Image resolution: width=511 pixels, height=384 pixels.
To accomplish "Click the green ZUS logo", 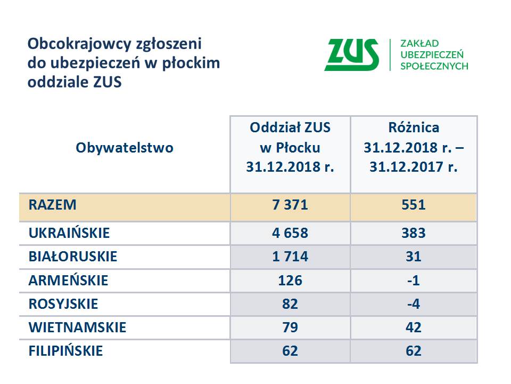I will pyautogui.click(x=352, y=54).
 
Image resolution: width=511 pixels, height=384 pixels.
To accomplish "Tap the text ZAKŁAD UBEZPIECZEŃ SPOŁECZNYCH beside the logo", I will pyautogui.click(x=434, y=54).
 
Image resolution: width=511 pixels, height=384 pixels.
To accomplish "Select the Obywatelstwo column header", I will pyautogui.click(x=125, y=148).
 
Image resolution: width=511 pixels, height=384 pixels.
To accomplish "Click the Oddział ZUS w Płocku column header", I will pyautogui.click(x=290, y=147).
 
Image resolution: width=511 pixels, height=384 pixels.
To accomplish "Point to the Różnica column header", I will pyautogui.click(x=414, y=147).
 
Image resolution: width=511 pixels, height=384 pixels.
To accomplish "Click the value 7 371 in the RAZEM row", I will pyautogui.click(x=290, y=205).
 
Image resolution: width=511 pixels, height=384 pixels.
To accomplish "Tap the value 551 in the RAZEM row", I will pyautogui.click(x=414, y=205).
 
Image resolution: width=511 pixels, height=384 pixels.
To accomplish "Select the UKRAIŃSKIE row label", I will pyautogui.click(x=69, y=233).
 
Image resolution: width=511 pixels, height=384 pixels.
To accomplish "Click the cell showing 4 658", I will pyautogui.click(x=290, y=233).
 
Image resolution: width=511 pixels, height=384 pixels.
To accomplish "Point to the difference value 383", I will pyautogui.click(x=414, y=233).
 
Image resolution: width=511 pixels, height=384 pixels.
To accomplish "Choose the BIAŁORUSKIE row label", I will pyautogui.click(x=73, y=257).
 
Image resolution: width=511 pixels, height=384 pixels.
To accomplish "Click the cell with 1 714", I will pyautogui.click(x=290, y=257).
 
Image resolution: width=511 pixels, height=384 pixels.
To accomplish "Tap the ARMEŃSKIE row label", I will pyautogui.click(x=69, y=281).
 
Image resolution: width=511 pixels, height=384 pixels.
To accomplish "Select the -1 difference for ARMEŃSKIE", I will pyautogui.click(x=414, y=281).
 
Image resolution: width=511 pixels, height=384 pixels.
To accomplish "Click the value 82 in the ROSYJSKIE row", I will pyautogui.click(x=290, y=304).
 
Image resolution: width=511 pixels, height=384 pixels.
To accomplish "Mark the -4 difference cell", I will pyautogui.click(x=414, y=304).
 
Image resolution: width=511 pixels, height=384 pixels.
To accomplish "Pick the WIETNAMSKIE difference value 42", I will pyautogui.click(x=414, y=327).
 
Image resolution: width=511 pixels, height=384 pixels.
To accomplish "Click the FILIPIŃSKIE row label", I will pyautogui.click(x=66, y=351).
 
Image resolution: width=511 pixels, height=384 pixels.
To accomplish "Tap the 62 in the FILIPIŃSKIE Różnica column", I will pyautogui.click(x=414, y=351).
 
